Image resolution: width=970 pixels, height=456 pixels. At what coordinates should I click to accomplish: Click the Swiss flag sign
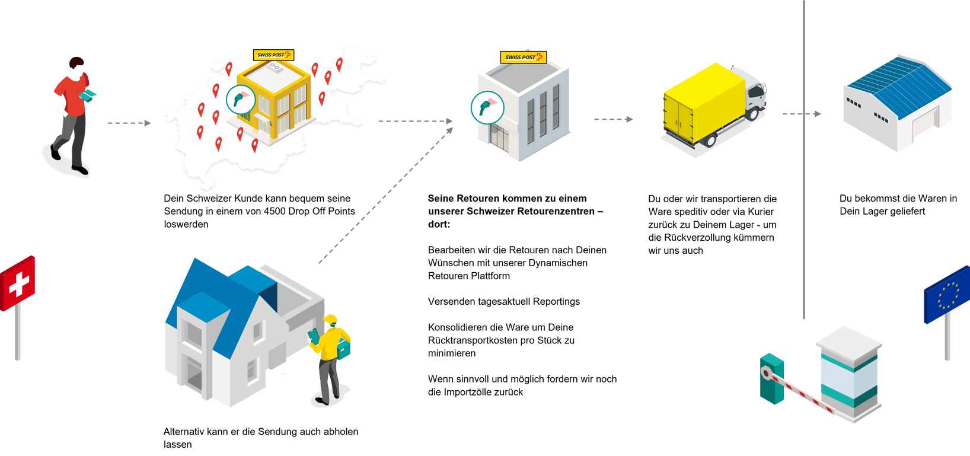(18, 283)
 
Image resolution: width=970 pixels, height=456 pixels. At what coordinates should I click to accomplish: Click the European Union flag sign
(946, 295)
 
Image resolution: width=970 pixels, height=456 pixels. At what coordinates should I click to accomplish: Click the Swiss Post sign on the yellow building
(273, 55)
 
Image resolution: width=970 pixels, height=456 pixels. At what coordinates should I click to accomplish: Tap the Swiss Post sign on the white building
(522, 58)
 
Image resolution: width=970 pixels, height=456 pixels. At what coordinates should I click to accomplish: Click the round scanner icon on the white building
(487, 107)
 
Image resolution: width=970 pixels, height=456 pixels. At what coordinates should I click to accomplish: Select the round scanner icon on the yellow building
(241, 99)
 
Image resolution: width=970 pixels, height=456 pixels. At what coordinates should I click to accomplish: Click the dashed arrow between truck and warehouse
(801, 114)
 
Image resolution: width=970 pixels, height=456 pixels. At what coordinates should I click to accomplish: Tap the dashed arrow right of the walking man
(129, 123)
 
